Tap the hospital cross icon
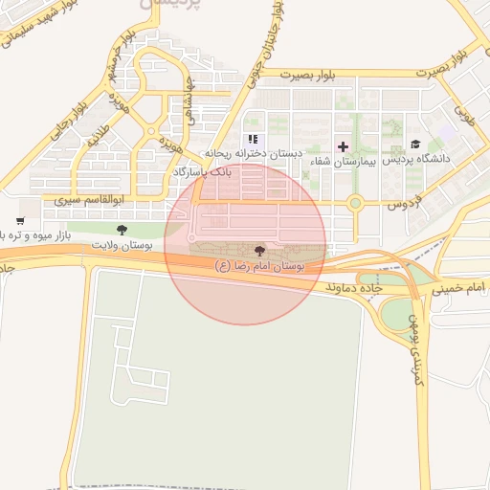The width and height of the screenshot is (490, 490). tap(344, 146)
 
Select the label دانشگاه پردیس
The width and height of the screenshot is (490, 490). tap(416, 160)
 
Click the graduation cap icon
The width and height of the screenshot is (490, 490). tap(415, 145)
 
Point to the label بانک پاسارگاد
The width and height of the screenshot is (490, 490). tap(202, 170)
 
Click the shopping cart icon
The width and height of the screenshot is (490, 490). tap(20, 221)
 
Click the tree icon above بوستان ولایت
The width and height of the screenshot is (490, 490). tap(122, 230)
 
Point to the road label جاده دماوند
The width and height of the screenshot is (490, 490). tap(354, 286)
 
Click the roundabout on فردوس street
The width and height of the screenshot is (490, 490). tap(355, 203)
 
